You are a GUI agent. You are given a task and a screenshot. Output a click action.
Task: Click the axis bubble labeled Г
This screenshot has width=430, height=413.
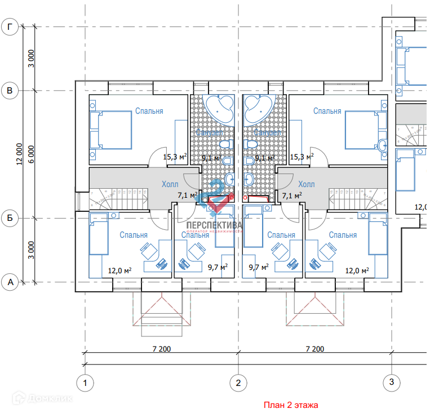click(x=10, y=26)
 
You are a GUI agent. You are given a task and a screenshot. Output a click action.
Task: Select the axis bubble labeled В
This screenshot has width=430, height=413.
click(x=10, y=90)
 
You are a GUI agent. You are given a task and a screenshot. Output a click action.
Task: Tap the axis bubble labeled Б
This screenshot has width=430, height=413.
click(x=10, y=217)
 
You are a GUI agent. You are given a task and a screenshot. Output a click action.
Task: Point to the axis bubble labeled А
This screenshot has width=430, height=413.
click(x=10, y=282)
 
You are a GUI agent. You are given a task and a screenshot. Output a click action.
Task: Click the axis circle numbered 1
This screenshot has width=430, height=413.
click(x=85, y=384)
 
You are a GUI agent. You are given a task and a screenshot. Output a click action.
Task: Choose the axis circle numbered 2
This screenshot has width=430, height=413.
click(x=238, y=384)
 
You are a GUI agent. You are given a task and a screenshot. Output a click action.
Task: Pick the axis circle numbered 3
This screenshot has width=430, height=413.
click(x=391, y=383)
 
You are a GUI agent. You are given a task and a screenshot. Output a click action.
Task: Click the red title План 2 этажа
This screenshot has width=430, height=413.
click(x=291, y=405)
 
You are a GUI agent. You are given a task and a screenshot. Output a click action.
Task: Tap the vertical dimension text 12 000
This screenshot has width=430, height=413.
click(x=20, y=154)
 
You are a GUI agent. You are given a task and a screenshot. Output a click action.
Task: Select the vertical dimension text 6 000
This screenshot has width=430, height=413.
click(x=32, y=154)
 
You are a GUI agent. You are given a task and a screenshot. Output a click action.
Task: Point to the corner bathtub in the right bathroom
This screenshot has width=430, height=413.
click(x=258, y=109)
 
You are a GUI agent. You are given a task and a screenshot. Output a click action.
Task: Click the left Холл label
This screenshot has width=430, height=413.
click(x=169, y=184)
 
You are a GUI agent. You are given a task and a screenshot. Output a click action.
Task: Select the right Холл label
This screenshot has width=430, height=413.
click(x=307, y=184)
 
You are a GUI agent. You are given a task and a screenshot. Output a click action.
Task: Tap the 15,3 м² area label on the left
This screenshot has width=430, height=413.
click(x=174, y=157)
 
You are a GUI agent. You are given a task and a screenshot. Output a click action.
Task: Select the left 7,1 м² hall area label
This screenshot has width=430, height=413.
click(x=187, y=196)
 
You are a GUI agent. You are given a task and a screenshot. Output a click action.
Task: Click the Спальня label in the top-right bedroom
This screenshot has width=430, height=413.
click(x=327, y=111)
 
